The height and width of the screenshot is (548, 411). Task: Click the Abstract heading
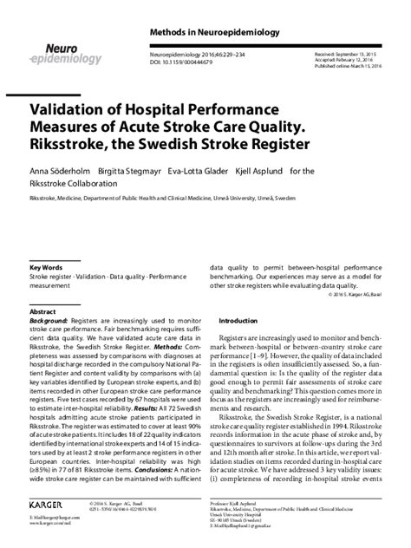coord(42,310)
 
